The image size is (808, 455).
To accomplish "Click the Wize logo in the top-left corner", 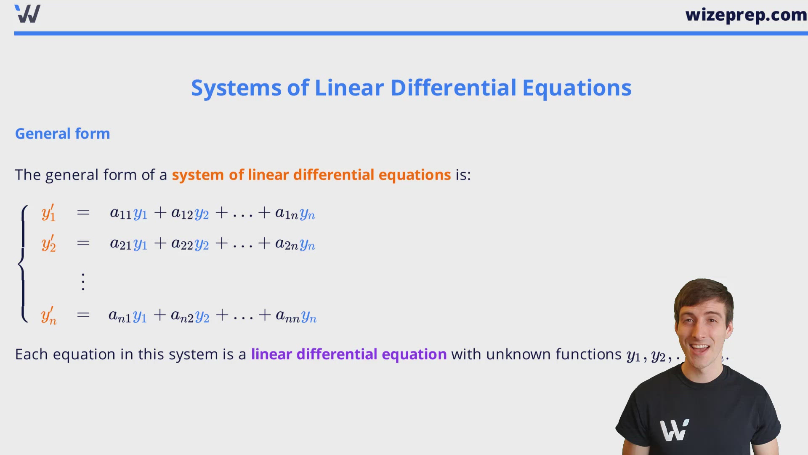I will [x=27, y=13].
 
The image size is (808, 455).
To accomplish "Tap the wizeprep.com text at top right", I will [x=746, y=15].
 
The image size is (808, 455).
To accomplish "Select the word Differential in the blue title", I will [x=453, y=88].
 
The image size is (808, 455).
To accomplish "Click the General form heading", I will [x=62, y=134].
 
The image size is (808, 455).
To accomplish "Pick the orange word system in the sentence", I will [x=197, y=175].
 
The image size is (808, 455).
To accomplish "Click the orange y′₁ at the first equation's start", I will [x=48, y=213].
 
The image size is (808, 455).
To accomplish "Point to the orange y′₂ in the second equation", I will [x=48, y=244].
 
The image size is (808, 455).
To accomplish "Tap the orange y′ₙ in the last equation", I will [x=48, y=316].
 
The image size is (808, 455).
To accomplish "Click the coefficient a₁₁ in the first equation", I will [x=120, y=213].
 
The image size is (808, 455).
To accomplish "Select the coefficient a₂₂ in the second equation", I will [x=182, y=244].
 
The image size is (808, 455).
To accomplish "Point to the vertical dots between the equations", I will [x=83, y=281].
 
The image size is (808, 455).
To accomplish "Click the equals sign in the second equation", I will [x=83, y=243].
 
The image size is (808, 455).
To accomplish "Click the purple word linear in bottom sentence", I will [x=271, y=354].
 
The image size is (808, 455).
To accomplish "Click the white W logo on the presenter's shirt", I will [x=674, y=430].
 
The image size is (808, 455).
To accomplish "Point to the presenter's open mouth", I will [x=699, y=348].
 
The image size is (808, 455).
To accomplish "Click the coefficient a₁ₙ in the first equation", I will [x=287, y=214].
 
